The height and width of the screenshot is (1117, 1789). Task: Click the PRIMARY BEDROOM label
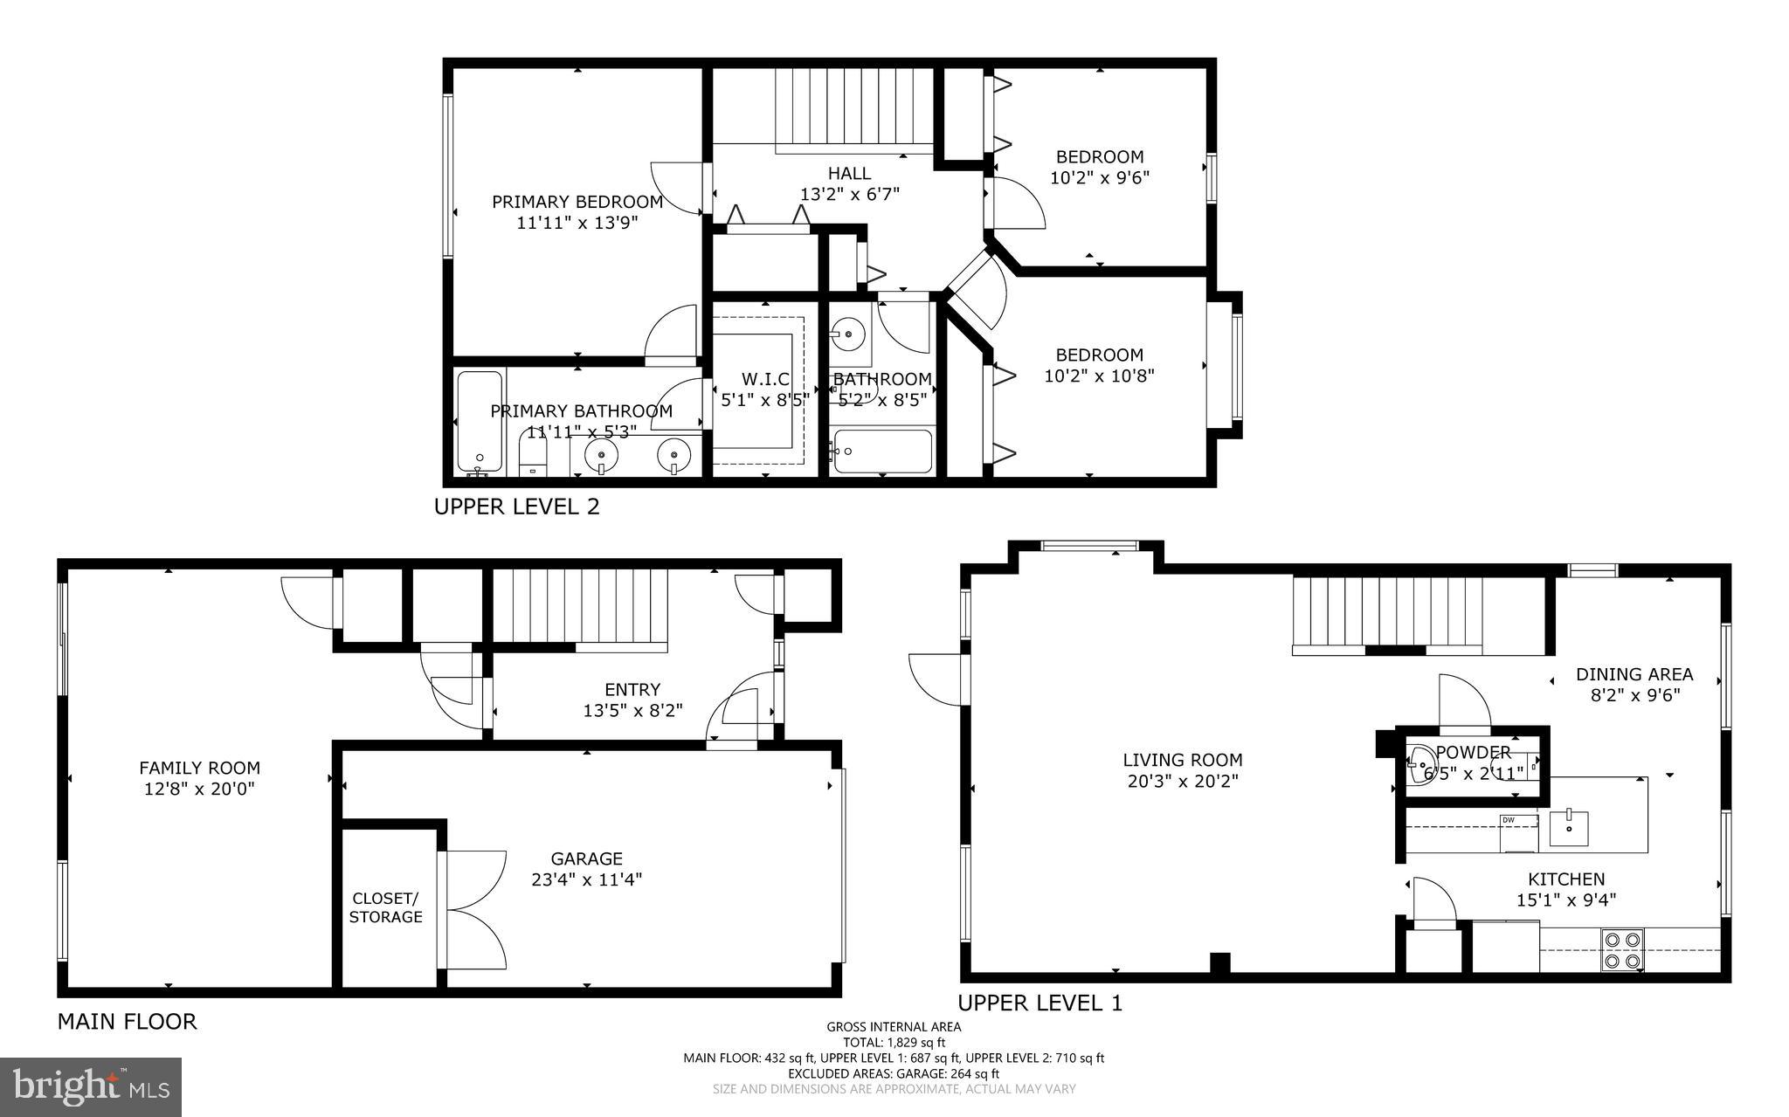577,202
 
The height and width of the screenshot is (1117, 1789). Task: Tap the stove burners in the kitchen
1623,950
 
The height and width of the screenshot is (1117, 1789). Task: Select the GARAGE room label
586,858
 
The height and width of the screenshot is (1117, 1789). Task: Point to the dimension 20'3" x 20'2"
1182,781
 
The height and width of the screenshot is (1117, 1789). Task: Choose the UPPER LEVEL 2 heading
516,507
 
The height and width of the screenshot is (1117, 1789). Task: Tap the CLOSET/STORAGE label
385,907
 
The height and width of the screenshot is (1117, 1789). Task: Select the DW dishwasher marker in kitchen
1509,820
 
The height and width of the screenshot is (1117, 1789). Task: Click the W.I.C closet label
765,379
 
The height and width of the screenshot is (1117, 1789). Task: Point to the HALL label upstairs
849,174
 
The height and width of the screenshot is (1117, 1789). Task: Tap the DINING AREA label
1634,674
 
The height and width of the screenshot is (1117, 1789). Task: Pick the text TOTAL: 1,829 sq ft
894,1042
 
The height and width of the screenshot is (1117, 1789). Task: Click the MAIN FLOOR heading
127,1021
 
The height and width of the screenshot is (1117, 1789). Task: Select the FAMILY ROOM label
199,768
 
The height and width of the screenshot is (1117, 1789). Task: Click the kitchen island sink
1569,827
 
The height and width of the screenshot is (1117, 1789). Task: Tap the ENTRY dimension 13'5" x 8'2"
632,711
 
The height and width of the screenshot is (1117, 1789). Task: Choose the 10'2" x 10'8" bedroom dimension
1099,376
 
